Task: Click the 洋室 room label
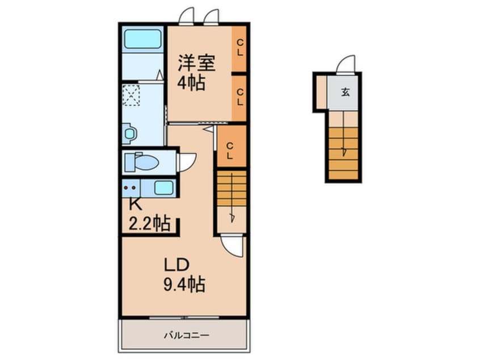(x=196, y=62)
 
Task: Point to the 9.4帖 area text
(x=185, y=283)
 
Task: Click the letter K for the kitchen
(x=134, y=203)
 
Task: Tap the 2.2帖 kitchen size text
(x=149, y=224)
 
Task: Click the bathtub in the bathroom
(x=142, y=40)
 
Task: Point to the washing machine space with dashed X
(x=131, y=95)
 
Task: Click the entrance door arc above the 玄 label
(x=346, y=65)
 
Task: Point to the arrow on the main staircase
(x=232, y=216)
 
